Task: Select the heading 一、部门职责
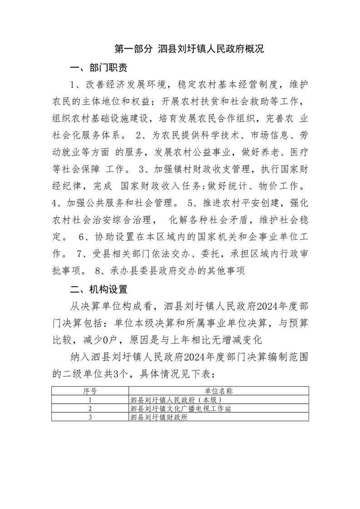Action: click(98, 69)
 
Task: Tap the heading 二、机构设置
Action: click(98, 289)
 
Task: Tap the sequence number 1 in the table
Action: click(90, 400)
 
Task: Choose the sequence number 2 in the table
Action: click(90, 409)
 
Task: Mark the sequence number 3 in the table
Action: click(90, 417)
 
